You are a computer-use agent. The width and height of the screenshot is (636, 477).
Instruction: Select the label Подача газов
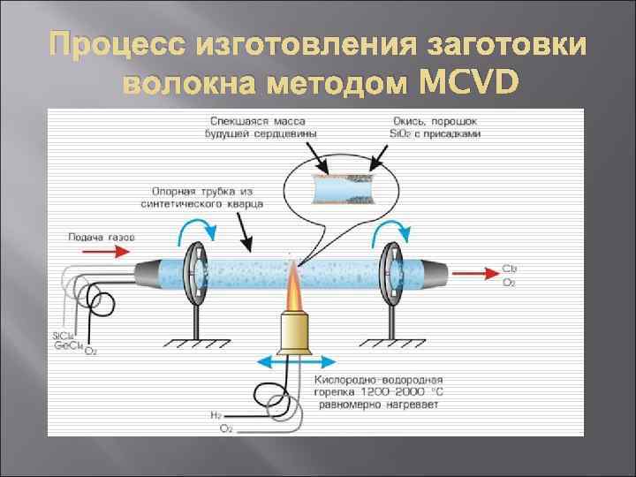(x=101, y=237)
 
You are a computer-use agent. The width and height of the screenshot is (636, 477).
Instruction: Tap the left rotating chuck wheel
(x=195, y=269)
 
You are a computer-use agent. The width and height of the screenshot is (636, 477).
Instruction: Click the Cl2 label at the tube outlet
(x=510, y=267)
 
